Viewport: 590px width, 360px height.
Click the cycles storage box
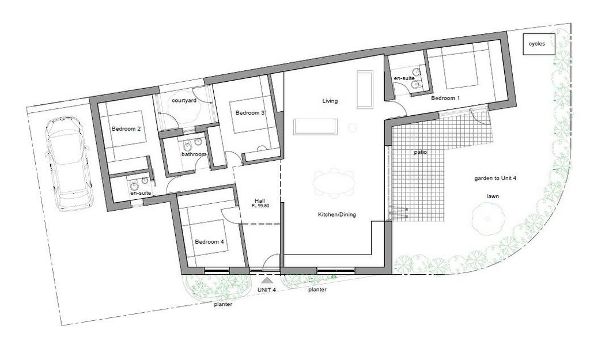pyautogui.click(x=539, y=44)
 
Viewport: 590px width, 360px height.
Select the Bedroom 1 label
pyautogui.click(x=445, y=98)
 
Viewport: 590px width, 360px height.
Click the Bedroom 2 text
pyautogui.click(x=126, y=128)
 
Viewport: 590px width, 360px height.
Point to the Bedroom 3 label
pyautogui.click(x=250, y=112)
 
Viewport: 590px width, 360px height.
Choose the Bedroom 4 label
pyautogui.click(x=209, y=241)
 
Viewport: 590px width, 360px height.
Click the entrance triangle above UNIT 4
pyautogui.click(x=267, y=281)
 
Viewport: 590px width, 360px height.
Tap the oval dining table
pyautogui.click(x=335, y=183)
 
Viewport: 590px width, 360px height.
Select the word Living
pyautogui.click(x=330, y=101)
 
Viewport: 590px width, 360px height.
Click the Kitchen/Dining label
pyautogui.click(x=336, y=214)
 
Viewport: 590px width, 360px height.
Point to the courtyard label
pyautogui.click(x=184, y=100)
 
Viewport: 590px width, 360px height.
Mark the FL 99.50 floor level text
pyautogui.click(x=260, y=206)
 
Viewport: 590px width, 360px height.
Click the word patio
pyautogui.click(x=420, y=152)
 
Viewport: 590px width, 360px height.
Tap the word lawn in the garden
pyautogui.click(x=493, y=196)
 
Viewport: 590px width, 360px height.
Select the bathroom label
pyautogui.click(x=194, y=154)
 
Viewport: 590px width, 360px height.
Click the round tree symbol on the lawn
pyautogui.click(x=488, y=219)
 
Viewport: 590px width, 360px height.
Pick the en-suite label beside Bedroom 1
pyautogui.click(x=404, y=78)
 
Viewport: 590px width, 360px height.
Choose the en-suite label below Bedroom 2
pyautogui.click(x=141, y=193)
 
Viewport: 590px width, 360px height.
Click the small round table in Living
pyautogui.click(x=352, y=128)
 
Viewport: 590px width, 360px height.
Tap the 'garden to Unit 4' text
pyautogui.click(x=495, y=179)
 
